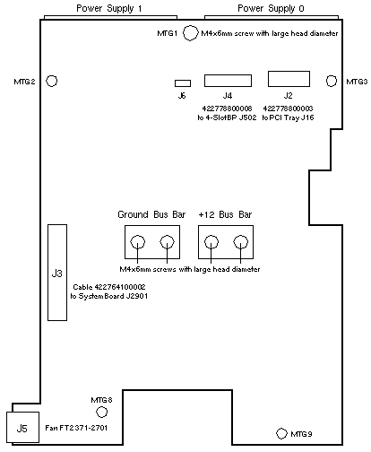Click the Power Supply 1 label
click(x=109, y=8)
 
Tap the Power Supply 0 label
click(x=271, y=8)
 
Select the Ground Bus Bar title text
click(x=151, y=214)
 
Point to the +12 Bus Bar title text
click(x=225, y=214)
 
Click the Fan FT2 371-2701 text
click(x=76, y=428)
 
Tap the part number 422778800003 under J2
click(x=288, y=109)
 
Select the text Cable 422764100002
click(x=109, y=287)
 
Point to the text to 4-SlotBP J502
click(x=227, y=117)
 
